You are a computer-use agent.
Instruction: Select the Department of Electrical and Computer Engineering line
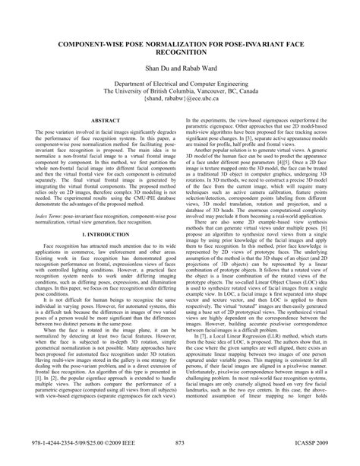pyautogui.click(x=179, y=89)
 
